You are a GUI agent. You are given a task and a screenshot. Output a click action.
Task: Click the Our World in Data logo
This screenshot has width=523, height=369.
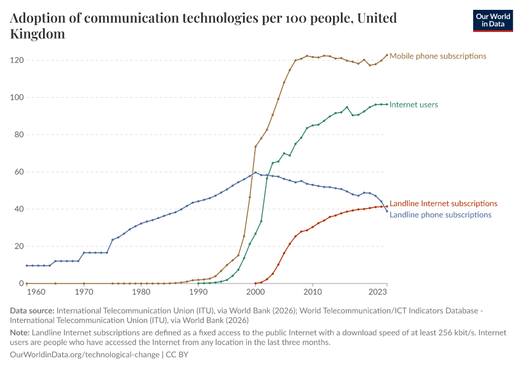[x=492, y=20]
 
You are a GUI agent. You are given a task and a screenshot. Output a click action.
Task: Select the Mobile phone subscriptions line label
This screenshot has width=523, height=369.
[x=437, y=56]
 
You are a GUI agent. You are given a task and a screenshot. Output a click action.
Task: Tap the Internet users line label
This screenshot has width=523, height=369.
[x=413, y=105]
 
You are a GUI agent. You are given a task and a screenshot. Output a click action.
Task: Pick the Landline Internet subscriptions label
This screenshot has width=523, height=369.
[x=443, y=203]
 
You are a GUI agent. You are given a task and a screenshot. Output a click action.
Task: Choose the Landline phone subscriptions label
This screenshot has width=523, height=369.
[x=441, y=215]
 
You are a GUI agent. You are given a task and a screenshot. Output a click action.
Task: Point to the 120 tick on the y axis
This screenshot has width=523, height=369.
[x=17, y=60]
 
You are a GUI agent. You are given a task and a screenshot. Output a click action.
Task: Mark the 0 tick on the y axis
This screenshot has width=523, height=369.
[x=21, y=284]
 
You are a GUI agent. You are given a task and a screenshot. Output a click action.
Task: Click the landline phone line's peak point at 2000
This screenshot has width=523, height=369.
[x=255, y=172]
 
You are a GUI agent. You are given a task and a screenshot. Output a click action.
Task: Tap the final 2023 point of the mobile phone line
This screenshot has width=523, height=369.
[x=387, y=55]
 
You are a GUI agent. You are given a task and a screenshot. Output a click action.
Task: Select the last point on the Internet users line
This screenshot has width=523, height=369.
[x=387, y=105]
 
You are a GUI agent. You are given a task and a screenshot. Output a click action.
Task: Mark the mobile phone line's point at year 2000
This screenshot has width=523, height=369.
[x=255, y=146]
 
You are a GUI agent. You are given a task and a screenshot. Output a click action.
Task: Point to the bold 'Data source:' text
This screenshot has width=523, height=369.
[x=31, y=311]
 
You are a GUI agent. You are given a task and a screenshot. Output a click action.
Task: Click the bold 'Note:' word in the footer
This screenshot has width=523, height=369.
[x=20, y=333]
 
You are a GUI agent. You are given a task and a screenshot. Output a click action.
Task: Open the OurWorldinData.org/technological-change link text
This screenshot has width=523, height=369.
[x=85, y=355]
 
